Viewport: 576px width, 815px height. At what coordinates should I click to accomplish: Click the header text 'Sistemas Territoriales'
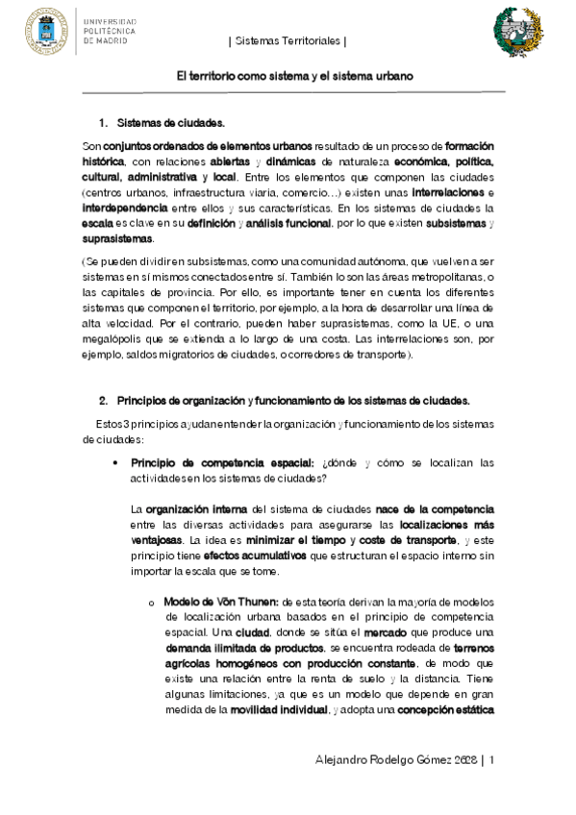[288, 42]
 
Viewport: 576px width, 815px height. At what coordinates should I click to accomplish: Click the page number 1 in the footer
[491, 759]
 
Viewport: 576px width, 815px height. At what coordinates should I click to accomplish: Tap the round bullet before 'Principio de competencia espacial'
[115, 462]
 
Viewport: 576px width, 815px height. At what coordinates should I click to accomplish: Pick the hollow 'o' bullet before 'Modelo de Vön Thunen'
[151, 603]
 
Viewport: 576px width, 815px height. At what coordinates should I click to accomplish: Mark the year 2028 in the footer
[462, 759]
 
